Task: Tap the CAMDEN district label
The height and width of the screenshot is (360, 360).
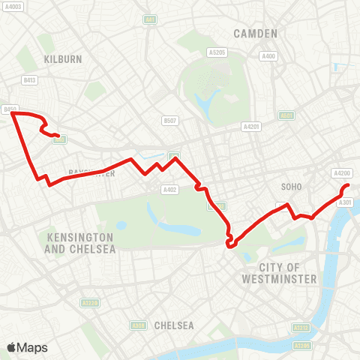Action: click(255, 33)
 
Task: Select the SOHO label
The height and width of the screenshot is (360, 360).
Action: click(290, 185)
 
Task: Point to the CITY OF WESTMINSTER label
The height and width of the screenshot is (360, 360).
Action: click(280, 273)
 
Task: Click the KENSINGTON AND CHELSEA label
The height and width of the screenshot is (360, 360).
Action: click(81, 242)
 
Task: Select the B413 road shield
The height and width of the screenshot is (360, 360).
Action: click(30, 79)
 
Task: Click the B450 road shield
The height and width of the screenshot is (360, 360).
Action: click(10, 109)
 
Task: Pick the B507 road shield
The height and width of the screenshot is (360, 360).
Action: click(170, 120)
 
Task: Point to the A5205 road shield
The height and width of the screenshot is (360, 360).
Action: click(217, 52)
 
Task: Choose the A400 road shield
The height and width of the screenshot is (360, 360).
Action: click(268, 56)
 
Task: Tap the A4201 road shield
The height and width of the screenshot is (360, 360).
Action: click(251, 127)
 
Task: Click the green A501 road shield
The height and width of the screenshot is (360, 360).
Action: click(286, 115)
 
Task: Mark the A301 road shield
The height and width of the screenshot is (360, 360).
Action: click(346, 202)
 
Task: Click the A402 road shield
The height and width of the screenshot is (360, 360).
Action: click(169, 190)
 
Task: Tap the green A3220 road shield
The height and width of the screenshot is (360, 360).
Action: click(90, 303)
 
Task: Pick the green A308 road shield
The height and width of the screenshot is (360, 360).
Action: click(138, 325)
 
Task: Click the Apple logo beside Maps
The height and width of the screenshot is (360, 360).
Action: click(12, 347)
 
